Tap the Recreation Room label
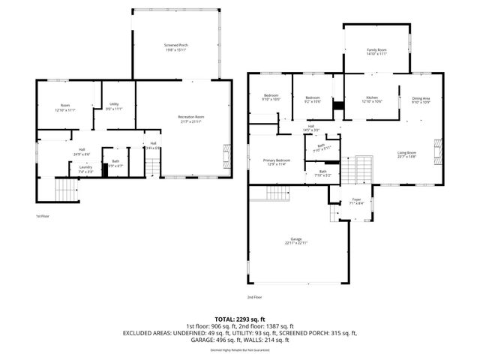[190, 118]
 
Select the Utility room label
[114, 106]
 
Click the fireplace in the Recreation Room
[226, 157]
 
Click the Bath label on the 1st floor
[115, 163]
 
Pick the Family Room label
[376, 52]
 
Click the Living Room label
[407, 154]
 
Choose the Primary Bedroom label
[277, 162]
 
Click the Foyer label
[356, 201]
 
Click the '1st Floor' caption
[43, 217]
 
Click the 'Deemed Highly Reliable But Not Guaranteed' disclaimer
[239, 349]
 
